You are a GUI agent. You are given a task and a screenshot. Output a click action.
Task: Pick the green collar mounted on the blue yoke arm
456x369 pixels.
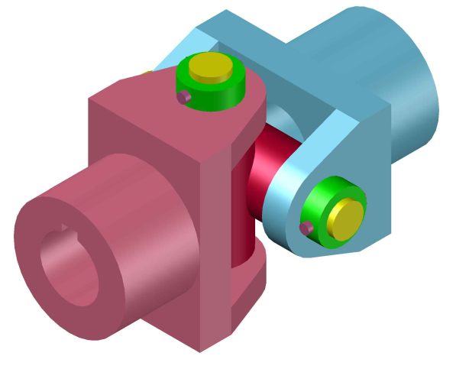coord(319,214)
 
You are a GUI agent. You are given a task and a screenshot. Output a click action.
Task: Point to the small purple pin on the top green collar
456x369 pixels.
coord(183,97)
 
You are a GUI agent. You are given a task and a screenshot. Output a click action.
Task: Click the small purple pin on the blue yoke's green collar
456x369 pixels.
coord(307,228)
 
